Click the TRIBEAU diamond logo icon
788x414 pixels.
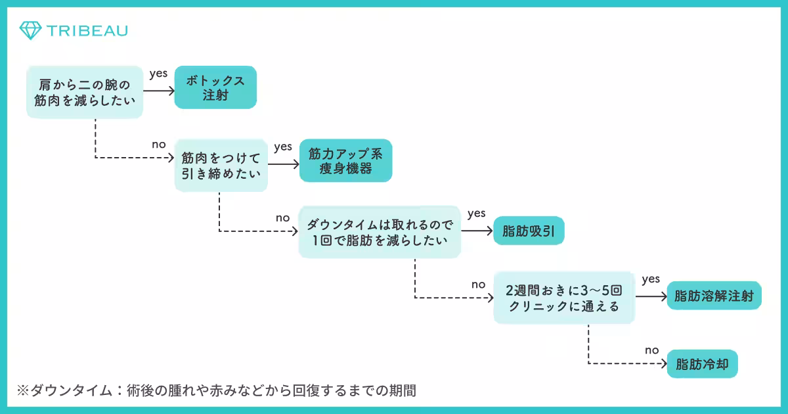point(30,30)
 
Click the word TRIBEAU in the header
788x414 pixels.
point(87,30)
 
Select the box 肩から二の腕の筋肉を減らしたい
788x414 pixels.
point(85,92)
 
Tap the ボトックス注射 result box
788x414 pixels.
point(215,87)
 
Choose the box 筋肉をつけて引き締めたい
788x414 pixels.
point(221,167)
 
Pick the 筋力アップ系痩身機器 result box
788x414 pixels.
point(345,160)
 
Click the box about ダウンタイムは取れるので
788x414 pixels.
point(380,232)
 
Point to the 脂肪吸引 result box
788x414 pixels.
point(529,231)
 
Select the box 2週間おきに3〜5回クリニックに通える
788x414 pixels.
point(564,297)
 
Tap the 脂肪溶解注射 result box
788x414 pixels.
point(714,296)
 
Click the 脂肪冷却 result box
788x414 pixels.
point(702,363)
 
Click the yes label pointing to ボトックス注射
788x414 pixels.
point(158,74)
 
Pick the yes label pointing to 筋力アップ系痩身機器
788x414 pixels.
point(283,147)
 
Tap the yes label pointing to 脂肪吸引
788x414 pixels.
point(476,214)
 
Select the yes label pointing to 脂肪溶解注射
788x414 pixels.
point(651,279)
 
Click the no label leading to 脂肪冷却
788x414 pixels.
point(651,350)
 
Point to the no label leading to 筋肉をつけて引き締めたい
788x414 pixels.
point(159,145)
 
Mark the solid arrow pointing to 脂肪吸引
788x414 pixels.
point(477,231)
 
